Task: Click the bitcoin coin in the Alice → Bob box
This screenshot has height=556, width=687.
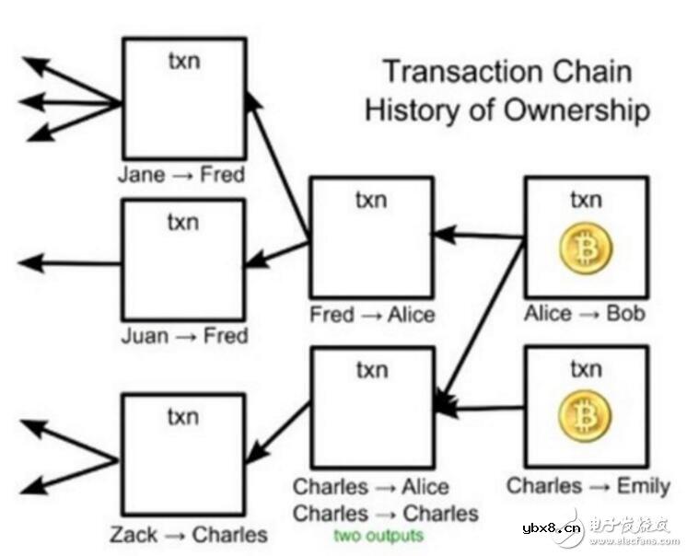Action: click(x=586, y=249)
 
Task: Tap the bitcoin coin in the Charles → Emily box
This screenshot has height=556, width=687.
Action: click(x=585, y=415)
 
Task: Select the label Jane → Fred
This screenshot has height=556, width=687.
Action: click(x=181, y=175)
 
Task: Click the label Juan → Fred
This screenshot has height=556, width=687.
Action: click(x=184, y=336)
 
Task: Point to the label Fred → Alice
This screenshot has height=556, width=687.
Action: click(x=372, y=314)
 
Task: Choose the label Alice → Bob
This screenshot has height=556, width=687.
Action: click(x=585, y=314)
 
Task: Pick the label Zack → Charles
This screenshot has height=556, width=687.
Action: click(x=189, y=535)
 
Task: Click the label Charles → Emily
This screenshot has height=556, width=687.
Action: click(x=588, y=486)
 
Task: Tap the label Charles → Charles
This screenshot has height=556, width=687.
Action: click(x=386, y=514)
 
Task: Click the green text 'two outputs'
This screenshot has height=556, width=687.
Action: click(x=378, y=536)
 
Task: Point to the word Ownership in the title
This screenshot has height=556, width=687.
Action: click(x=576, y=110)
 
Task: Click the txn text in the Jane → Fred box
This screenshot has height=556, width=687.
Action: click(x=184, y=61)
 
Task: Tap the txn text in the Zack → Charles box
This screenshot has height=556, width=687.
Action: click(x=183, y=417)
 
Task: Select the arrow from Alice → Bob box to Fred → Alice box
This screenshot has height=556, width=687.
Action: click(x=478, y=236)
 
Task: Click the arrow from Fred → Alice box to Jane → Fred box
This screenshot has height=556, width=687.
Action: click(x=277, y=167)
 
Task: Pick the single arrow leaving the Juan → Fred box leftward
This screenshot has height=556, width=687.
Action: click(x=69, y=263)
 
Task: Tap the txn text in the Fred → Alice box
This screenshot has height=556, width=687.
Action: click(x=371, y=200)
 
